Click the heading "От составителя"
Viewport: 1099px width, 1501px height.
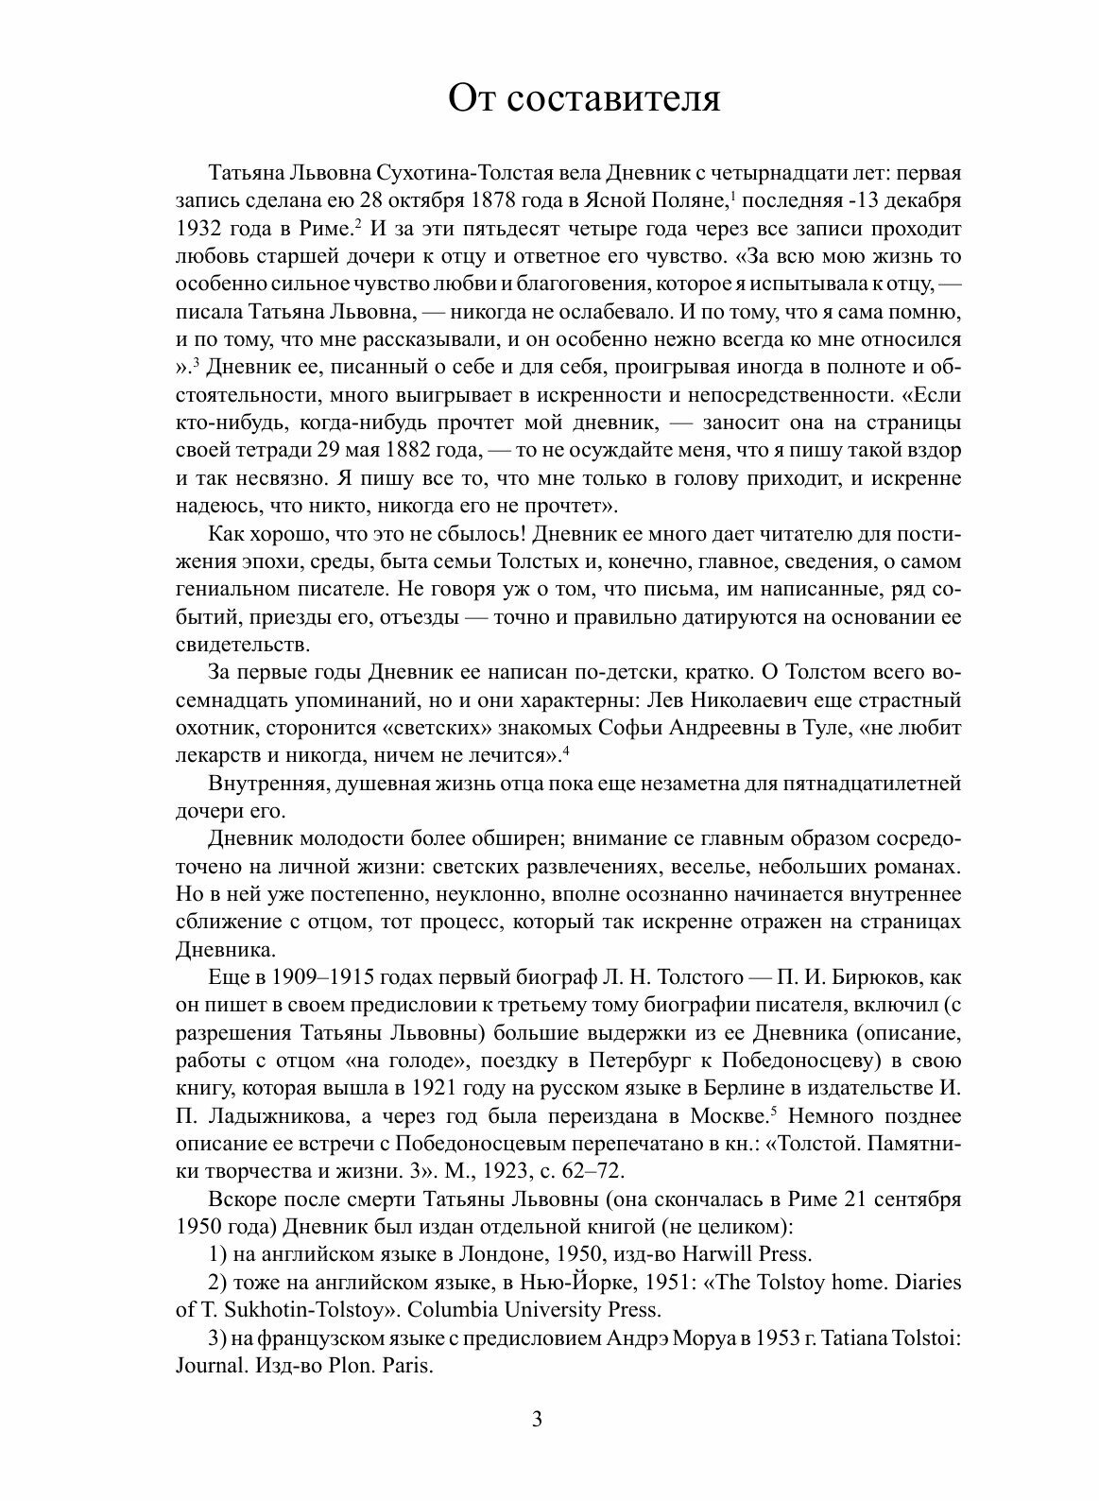point(584,97)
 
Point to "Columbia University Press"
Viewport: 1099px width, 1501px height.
point(533,1310)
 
